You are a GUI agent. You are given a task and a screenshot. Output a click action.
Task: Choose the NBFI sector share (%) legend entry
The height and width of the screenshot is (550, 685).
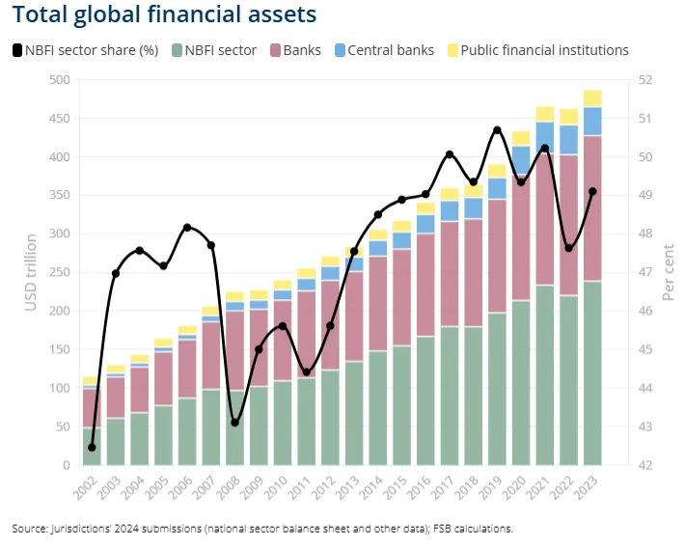(x=85, y=50)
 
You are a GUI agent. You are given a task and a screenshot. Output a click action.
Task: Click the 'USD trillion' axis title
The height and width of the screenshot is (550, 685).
(x=30, y=272)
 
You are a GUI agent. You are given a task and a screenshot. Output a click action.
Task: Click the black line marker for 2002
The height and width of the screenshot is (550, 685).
(x=92, y=447)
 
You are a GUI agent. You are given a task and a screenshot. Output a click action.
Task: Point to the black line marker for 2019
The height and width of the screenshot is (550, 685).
(x=497, y=130)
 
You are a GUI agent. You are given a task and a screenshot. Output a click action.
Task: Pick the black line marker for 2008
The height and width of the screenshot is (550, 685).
(x=234, y=423)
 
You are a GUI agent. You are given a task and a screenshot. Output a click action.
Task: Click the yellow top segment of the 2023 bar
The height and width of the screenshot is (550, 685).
(x=591, y=98)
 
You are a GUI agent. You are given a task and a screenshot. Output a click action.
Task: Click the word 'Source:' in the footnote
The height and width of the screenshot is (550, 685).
(x=30, y=528)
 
